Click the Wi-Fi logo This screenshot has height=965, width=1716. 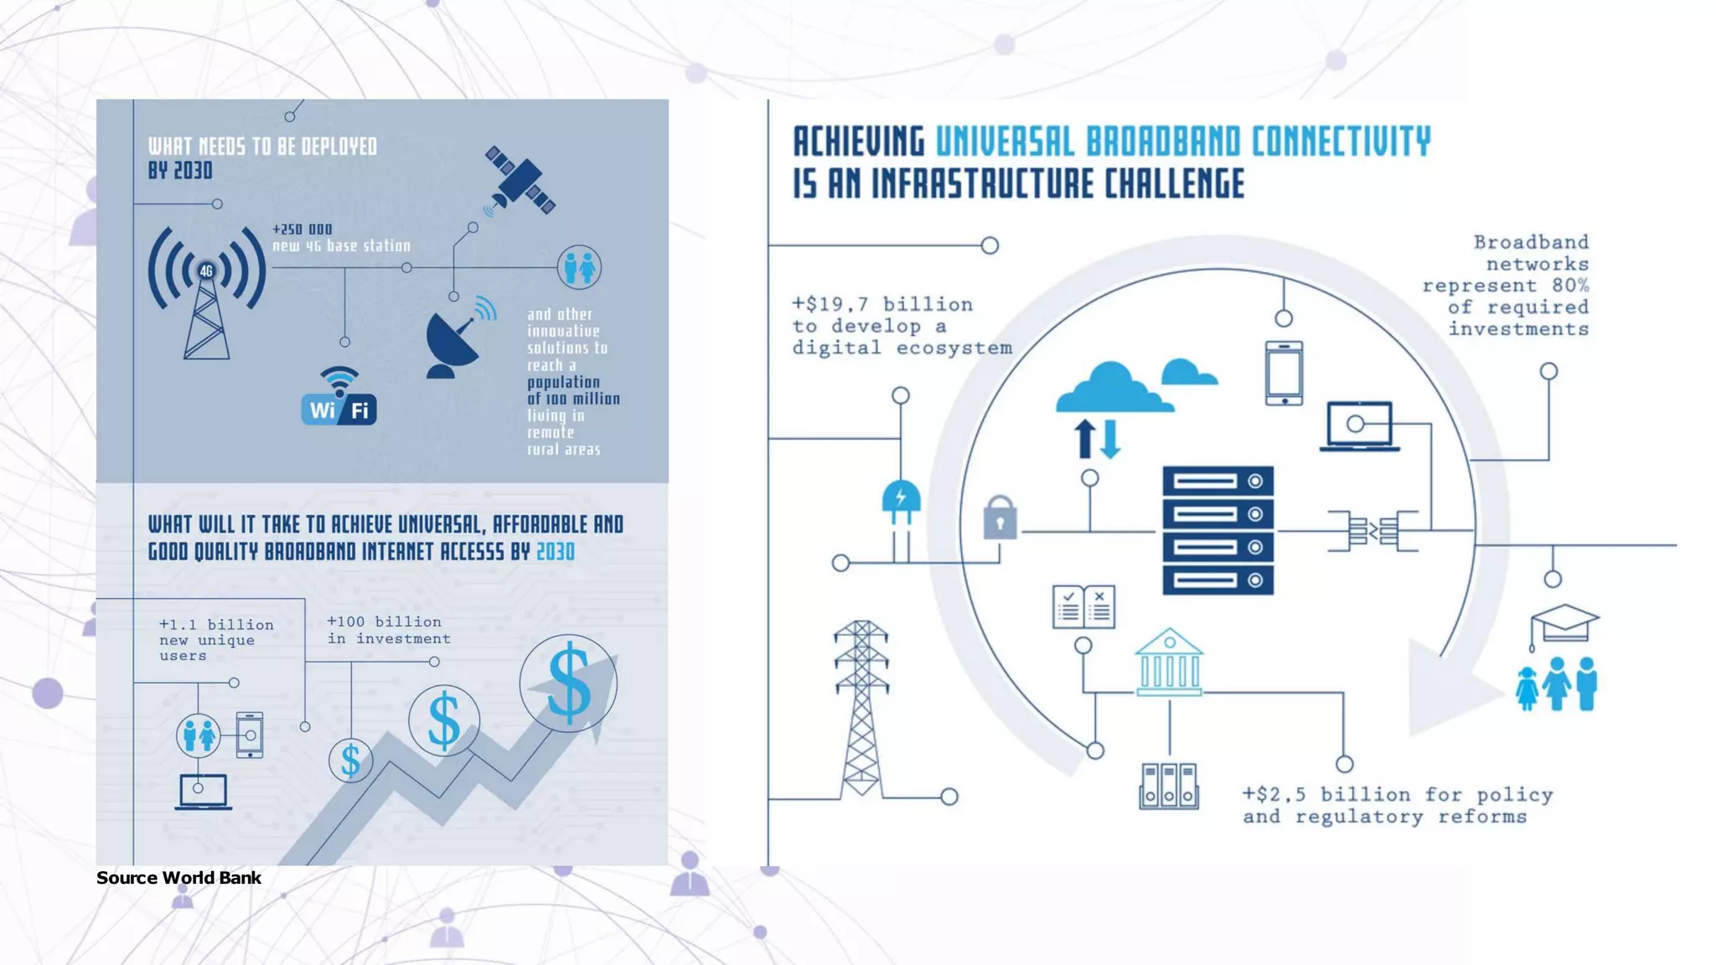click(x=339, y=396)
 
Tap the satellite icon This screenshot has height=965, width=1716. click(x=519, y=181)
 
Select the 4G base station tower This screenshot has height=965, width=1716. click(x=207, y=292)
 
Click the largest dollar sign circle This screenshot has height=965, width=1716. click(x=568, y=684)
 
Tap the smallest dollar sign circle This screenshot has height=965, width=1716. click(x=350, y=761)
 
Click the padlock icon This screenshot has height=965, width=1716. click(x=1000, y=517)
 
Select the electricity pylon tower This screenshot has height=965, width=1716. click(x=861, y=709)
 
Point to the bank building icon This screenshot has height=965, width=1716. click(x=1169, y=662)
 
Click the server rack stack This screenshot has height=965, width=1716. click(x=1217, y=530)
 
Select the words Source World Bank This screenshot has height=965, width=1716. click(x=178, y=878)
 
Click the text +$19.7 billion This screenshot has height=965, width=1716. click(x=882, y=305)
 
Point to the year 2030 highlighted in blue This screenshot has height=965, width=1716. click(x=556, y=551)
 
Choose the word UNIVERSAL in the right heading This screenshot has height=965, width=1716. click(x=1005, y=142)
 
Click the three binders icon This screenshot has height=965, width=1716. click(x=1169, y=786)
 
